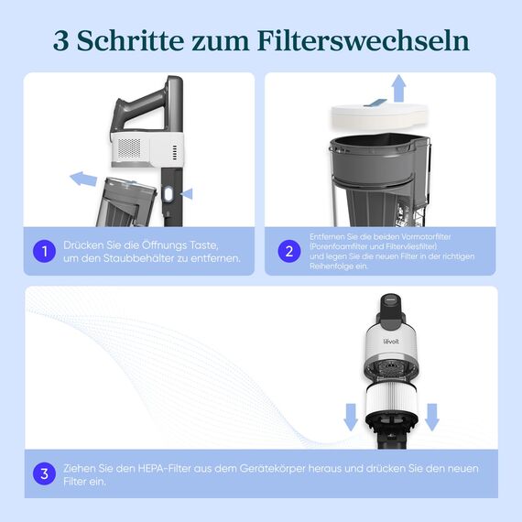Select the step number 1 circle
coord(43,251)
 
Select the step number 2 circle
coord(289,251)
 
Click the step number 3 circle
coord(43,474)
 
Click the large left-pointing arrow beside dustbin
coord(85,178)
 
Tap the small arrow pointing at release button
coord(188,193)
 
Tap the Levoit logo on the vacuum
coord(392,343)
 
